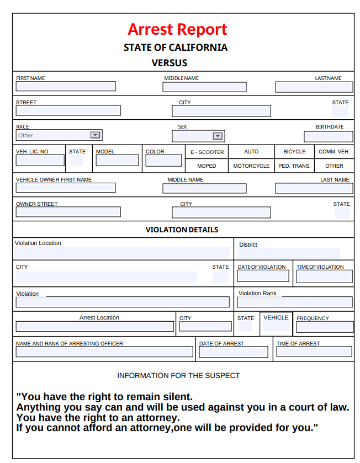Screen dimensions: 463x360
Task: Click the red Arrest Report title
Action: tap(177, 29)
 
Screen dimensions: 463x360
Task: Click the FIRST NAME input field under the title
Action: tap(66, 87)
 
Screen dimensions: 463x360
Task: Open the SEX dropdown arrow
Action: tap(218, 136)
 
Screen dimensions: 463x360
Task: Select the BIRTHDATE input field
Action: tap(328, 136)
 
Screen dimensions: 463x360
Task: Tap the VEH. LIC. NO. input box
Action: tap(40, 161)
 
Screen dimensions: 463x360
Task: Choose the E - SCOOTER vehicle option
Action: tap(207, 152)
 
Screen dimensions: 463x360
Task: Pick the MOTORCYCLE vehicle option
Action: tap(251, 166)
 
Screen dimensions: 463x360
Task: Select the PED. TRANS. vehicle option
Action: tap(294, 166)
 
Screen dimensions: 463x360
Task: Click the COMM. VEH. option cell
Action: tap(334, 152)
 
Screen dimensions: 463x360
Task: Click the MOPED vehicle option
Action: tap(207, 166)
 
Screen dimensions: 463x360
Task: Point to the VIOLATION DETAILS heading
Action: tap(182, 230)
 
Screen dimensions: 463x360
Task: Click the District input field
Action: tap(288, 253)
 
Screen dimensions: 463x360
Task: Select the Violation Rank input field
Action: tap(295, 302)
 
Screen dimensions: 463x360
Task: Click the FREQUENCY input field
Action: tap(325, 327)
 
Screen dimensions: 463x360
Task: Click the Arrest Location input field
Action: tap(94, 326)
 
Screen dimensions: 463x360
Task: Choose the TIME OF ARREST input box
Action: tap(314, 352)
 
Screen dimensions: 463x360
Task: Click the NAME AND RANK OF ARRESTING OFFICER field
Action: tap(104, 352)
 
